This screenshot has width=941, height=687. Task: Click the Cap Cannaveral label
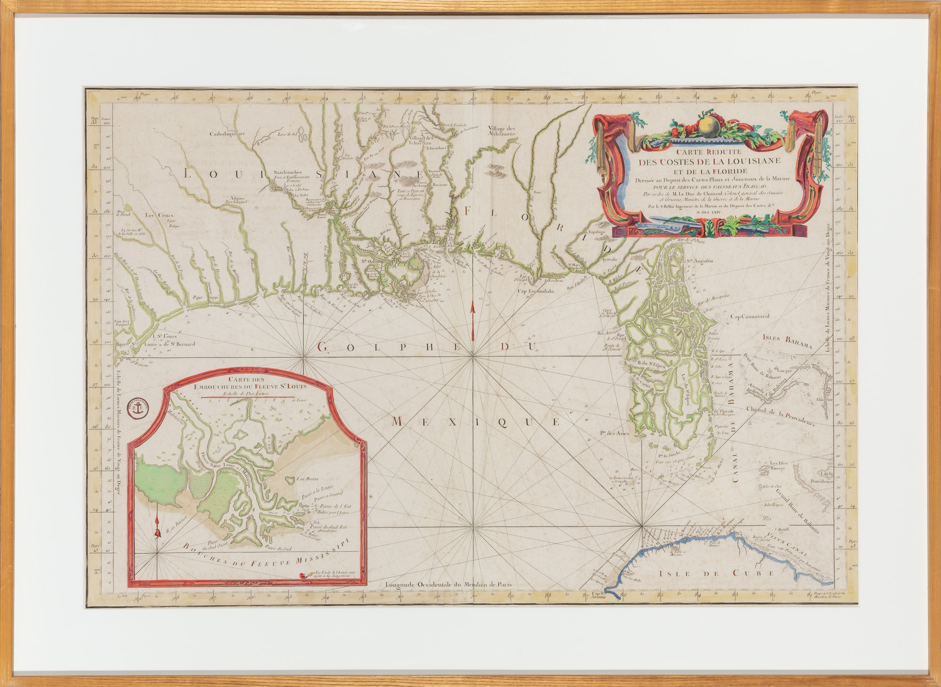(750, 316)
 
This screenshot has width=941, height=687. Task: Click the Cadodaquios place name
(228, 133)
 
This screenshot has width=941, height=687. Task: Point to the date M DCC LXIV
(710, 212)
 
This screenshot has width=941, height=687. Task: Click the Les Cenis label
(159, 215)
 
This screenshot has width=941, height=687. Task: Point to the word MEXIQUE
(475, 422)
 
